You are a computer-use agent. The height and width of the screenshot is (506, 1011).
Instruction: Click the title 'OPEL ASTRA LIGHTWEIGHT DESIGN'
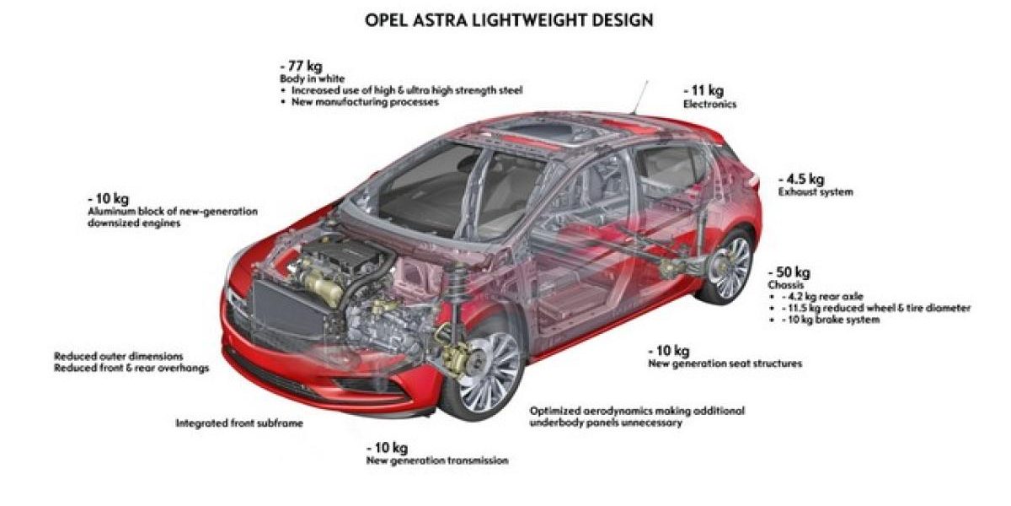click(x=509, y=19)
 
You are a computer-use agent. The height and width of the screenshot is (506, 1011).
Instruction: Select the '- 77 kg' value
click(x=302, y=66)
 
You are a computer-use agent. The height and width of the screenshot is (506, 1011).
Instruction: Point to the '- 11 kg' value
click(x=703, y=90)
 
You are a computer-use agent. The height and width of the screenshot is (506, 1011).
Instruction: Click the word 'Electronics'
click(x=709, y=104)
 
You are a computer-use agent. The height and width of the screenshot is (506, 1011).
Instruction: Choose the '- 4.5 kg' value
click(x=800, y=179)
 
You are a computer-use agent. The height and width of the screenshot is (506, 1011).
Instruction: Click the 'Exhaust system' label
click(x=816, y=192)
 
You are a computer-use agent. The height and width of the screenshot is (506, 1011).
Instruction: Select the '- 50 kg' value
click(x=789, y=272)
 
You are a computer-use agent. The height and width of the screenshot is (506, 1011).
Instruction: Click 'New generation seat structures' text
click(x=725, y=363)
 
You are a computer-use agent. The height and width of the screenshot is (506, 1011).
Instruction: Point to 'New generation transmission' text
click(x=437, y=461)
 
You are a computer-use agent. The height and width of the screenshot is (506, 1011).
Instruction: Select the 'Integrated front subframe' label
click(x=238, y=423)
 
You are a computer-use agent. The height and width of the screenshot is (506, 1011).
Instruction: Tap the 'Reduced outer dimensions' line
click(x=119, y=356)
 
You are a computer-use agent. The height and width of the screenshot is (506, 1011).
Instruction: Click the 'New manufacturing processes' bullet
click(x=365, y=102)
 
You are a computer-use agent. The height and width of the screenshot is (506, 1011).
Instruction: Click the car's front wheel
click(x=480, y=373)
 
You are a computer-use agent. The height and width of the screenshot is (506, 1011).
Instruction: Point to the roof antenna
click(x=642, y=96)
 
